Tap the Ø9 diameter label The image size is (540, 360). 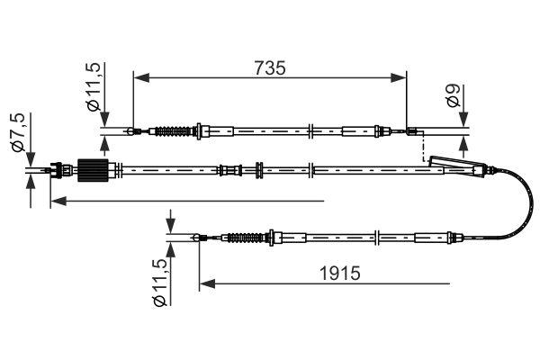455,100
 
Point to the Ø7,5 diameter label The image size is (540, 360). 15,133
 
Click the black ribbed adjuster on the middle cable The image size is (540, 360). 94,169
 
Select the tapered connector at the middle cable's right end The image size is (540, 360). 454,166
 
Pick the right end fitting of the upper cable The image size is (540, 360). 413,134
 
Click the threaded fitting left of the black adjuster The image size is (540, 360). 61,168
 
